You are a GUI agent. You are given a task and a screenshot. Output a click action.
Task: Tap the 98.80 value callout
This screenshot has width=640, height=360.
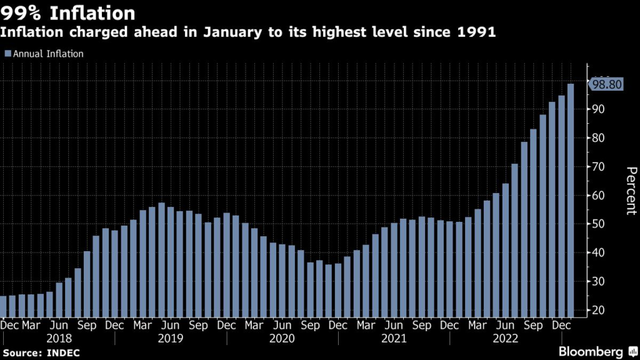[607, 85]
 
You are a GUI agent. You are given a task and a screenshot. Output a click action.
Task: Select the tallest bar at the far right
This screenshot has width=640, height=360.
[571, 200]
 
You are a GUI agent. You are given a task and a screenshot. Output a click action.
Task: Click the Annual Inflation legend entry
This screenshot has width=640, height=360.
[44, 54]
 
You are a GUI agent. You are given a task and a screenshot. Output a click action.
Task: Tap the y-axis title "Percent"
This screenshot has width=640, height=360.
[631, 191]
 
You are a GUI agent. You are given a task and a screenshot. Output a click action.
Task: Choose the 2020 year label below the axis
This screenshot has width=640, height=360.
[282, 338]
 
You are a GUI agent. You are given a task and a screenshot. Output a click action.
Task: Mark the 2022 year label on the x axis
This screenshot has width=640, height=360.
[505, 338]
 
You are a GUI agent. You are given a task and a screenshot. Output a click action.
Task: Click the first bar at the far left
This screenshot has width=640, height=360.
[3, 306]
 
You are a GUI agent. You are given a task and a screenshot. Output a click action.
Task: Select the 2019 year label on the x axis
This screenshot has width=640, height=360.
[171, 338]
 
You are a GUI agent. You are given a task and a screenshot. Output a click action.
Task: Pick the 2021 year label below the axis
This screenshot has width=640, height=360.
[394, 338]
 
